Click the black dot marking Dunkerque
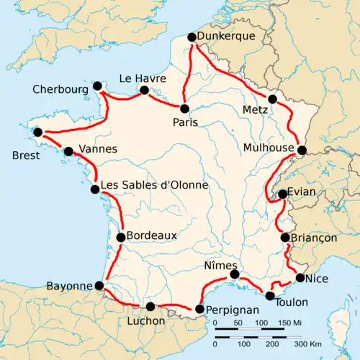(192, 37)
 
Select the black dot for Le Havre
(144, 90)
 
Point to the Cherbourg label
(60, 90)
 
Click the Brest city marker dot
(37, 132)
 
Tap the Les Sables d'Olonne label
(155, 185)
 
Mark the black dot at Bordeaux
(121, 237)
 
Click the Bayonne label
(71, 286)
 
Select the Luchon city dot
(150, 307)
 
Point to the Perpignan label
(232, 310)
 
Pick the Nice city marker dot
(300, 278)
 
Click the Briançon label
(314, 238)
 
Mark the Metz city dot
(271, 99)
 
